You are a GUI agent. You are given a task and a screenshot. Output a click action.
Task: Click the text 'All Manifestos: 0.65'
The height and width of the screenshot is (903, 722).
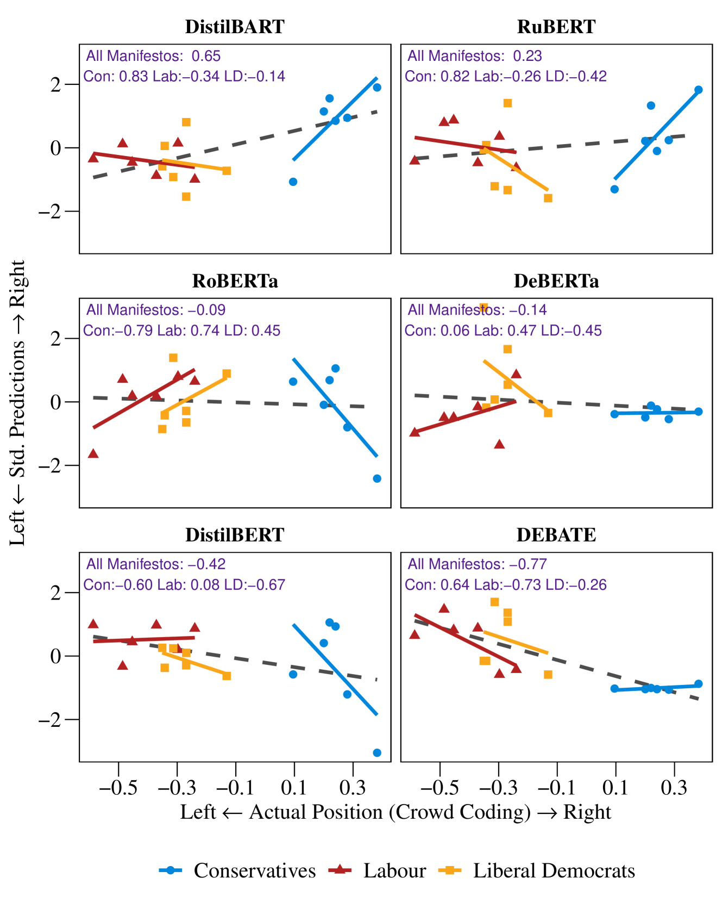coord(153,57)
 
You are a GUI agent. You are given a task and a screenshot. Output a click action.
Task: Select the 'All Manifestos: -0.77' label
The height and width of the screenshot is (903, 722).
coord(477,564)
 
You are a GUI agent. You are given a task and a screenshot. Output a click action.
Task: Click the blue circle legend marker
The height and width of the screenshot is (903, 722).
coord(170,870)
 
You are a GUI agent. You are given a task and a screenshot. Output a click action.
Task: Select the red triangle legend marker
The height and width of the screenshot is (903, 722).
coord(340,869)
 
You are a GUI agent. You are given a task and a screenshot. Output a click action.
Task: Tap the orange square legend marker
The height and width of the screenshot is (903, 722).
coord(450,870)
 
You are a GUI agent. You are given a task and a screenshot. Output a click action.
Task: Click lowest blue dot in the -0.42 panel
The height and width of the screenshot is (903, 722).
coord(377,752)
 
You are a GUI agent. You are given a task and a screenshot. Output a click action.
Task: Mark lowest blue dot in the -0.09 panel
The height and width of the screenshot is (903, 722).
coord(377,478)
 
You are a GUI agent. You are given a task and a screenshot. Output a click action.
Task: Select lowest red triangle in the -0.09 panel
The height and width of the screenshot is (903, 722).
coord(93,453)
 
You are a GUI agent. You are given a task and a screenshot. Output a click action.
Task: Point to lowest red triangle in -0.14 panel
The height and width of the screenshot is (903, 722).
coord(499,444)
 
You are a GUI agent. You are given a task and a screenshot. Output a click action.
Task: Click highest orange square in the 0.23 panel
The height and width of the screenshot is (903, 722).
coord(507,103)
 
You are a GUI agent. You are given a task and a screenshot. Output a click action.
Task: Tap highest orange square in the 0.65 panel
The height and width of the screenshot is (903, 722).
coord(186,122)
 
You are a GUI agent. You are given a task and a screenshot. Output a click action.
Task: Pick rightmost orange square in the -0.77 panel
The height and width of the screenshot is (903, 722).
coord(548,674)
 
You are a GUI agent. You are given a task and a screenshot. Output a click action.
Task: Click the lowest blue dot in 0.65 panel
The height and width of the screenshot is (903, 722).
coord(293,182)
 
